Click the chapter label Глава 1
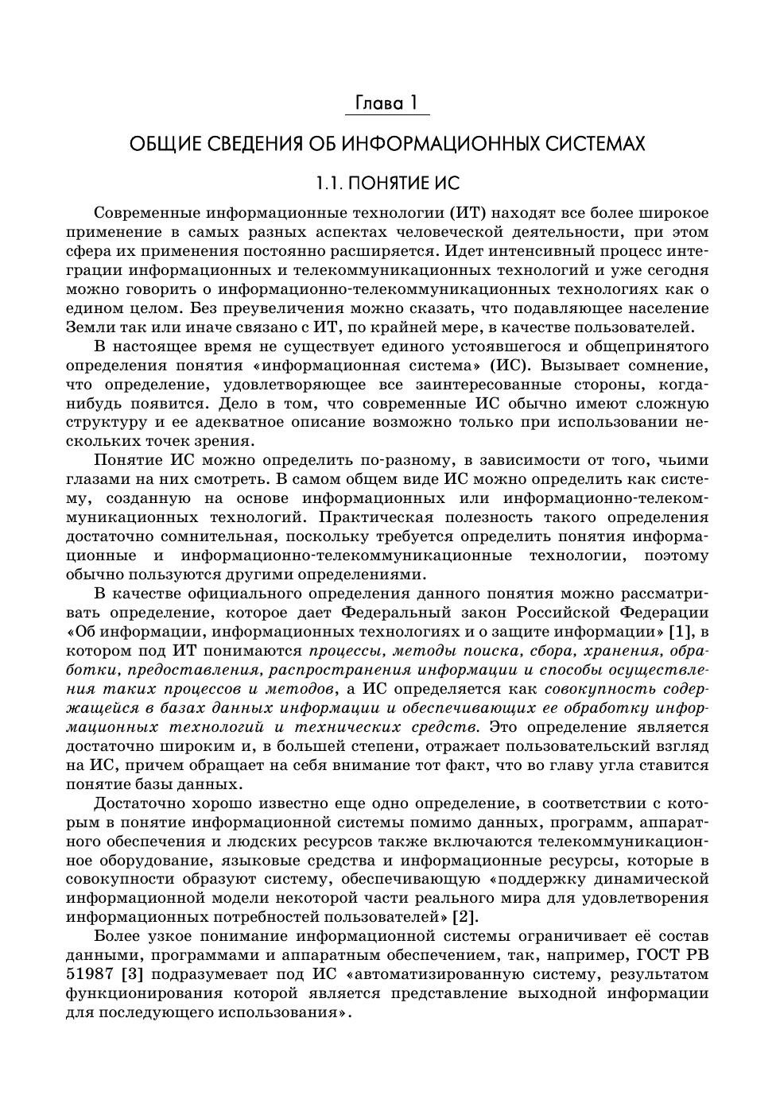tap(386, 104)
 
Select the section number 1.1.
tap(329, 184)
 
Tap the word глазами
tap(95, 479)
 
